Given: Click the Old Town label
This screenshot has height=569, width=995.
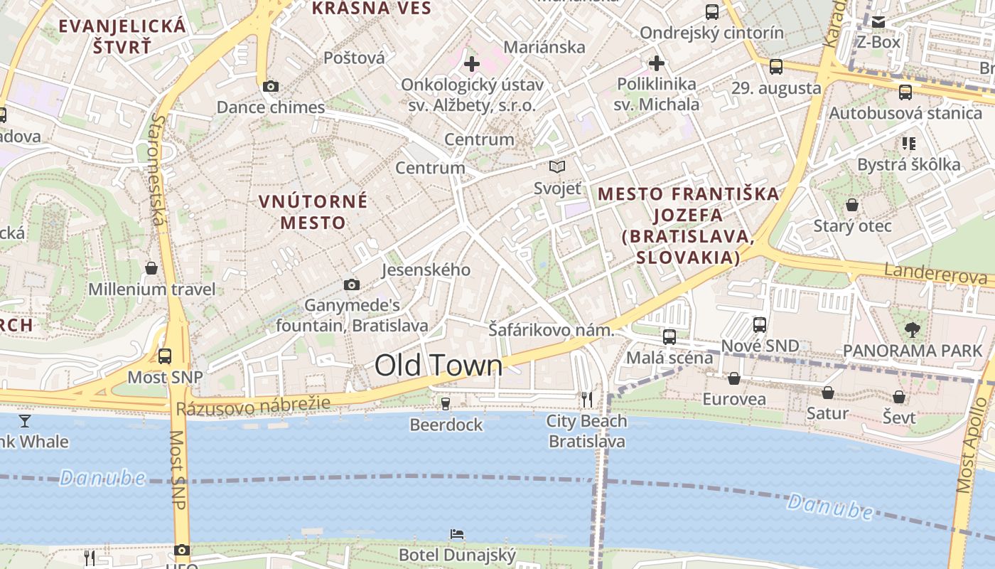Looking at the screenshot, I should coord(439,366).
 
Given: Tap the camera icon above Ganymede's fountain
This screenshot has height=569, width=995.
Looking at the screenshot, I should coord(351,284).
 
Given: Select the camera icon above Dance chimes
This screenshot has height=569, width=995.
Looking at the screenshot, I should coord(270,87).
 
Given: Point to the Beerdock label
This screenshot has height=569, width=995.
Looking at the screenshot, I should coord(446,425).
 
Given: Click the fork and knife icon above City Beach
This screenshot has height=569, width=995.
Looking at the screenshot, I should coord(587,400).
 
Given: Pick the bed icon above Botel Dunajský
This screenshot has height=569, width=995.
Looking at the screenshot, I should coord(457,534).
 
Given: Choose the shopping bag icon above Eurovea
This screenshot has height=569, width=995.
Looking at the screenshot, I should coord(734,378).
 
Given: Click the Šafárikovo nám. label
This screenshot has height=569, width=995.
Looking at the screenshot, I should coord(551,330).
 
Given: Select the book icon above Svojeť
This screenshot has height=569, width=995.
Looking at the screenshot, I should coord(557,167).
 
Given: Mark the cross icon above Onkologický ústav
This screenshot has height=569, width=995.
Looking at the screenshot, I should coord(471,65).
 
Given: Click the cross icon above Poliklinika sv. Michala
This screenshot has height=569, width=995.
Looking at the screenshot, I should coord(656,63).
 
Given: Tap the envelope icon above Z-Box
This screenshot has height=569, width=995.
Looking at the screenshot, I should coord(878,22).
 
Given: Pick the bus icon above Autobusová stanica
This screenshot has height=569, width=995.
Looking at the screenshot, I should coord(905,92).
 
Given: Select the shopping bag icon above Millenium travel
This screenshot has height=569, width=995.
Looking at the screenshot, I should coord(151,268).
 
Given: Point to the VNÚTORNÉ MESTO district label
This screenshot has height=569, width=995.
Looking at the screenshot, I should coord(313,212).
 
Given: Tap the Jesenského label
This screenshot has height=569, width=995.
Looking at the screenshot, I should coord(426,270).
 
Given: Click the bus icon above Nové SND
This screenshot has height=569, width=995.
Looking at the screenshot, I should coord(760,325).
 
